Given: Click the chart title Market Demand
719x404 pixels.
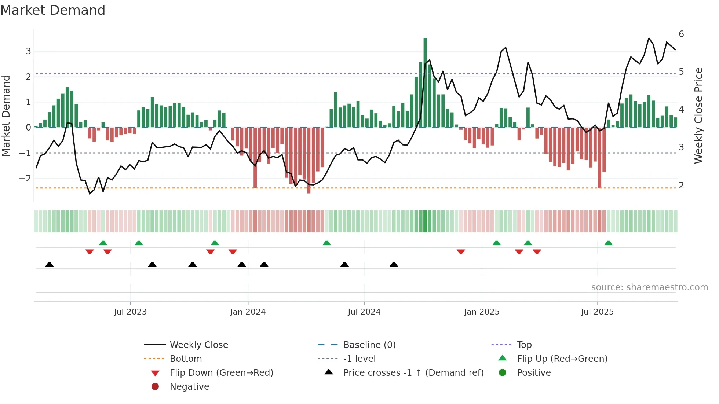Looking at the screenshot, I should coord(53,10).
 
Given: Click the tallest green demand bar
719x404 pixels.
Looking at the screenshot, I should coord(425,82).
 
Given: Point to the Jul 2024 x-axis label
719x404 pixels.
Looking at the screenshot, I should coord(364,312).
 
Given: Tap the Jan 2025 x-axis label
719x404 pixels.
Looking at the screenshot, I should coord(481,312).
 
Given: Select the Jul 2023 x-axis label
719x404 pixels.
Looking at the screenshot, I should coord(130,312).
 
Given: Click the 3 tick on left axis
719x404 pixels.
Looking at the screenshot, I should coord(28,51).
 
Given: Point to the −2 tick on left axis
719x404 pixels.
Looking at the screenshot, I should coord(26,179).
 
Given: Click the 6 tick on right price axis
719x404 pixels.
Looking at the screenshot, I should coord(681,34).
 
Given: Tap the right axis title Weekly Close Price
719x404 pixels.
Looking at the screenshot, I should coord(698,115).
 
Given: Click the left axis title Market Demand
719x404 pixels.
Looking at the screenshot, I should coord(6,115).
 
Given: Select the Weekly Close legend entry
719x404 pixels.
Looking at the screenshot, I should coord(198,345).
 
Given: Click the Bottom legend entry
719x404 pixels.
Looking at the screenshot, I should coord(186,359).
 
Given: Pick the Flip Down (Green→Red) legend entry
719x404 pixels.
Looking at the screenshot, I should coord(221,373).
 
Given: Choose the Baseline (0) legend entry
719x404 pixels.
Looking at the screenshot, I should coord(369,345).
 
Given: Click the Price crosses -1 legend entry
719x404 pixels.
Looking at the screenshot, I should coord(413,373).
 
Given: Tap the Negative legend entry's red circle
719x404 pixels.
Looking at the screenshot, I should coord(155,387).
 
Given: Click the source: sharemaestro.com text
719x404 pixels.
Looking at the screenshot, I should coord(649,287).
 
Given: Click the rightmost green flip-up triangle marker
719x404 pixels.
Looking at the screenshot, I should coord(608,243).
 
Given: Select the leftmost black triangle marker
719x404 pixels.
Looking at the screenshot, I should coord(50,264).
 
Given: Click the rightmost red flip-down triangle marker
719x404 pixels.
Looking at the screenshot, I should coord(537,251).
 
